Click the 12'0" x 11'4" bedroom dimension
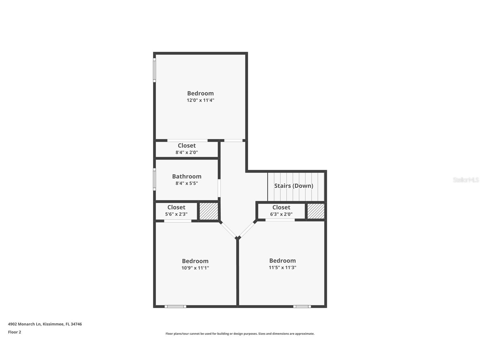coord(200,100)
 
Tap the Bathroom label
coord(187,176)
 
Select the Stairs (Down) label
coord(294,186)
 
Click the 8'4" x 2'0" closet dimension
coord(187,152)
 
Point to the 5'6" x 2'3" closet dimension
coord(176,214)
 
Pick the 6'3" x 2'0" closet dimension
coord(281,214)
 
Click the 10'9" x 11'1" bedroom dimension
coord(195,268)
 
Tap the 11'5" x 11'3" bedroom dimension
coord(282,267)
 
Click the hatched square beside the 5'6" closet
coord(209,211)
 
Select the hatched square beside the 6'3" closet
coord(316,211)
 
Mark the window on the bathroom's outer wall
coord(154,179)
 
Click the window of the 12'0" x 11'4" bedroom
coord(154,70)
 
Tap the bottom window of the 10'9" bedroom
coord(175,307)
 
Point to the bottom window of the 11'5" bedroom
coord(302,307)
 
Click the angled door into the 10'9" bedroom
coord(229,230)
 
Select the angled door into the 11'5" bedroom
coord(247,230)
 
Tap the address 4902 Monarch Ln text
coord(45,324)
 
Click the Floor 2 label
coord(14,332)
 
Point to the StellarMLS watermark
coord(466,180)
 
